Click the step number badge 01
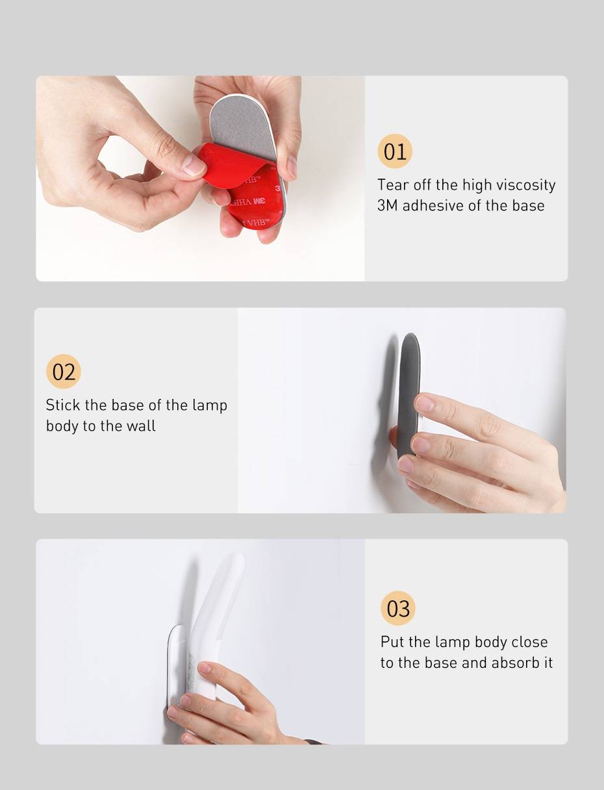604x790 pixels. click(395, 151)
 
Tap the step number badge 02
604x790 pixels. click(64, 372)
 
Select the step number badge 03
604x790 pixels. click(398, 608)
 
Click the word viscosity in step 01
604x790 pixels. click(525, 185)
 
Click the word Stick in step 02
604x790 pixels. click(63, 405)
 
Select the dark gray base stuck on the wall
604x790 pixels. click(408, 396)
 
